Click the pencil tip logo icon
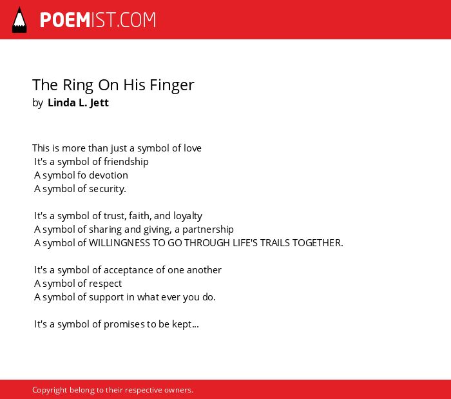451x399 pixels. tap(19, 20)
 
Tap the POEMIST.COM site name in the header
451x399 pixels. tap(98, 20)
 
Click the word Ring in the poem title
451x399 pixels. tap(78, 86)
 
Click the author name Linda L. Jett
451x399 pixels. tap(78, 102)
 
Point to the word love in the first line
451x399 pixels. tap(193, 148)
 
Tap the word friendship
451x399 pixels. tap(126, 162)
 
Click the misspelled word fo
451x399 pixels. tap(82, 175)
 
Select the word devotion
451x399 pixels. tap(108, 175)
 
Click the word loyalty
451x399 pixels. tap(187, 216)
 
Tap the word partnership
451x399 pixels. tap(208, 229)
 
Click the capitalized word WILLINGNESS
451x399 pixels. tap(119, 243)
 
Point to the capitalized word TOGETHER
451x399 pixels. tap(318, 243)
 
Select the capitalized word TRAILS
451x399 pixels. tap(275, 243)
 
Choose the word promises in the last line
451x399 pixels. tap(124, 324)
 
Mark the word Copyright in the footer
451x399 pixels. tap(49, 390)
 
